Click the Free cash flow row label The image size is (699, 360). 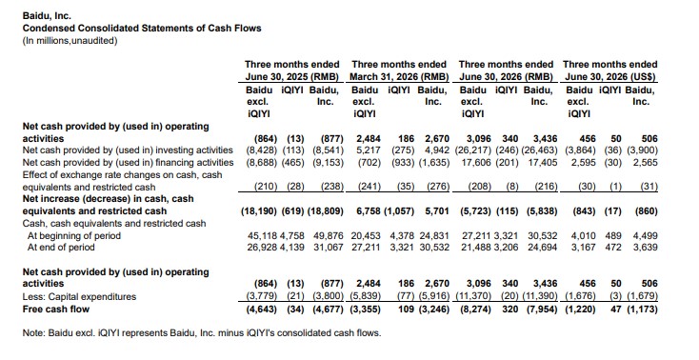point(56,310)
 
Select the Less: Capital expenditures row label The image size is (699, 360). point(79,296)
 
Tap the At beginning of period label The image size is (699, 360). point(74,235)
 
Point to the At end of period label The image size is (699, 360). point(61,247)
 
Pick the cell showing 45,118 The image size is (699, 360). point(262,235)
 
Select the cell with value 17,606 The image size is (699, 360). point(476,162)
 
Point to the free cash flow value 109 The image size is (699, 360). point(406,310)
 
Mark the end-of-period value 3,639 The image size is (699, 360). point(645,247)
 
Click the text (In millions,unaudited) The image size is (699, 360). point(70,41)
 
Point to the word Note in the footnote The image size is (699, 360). point(33,332)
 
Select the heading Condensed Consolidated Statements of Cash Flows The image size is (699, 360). point(142,29)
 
